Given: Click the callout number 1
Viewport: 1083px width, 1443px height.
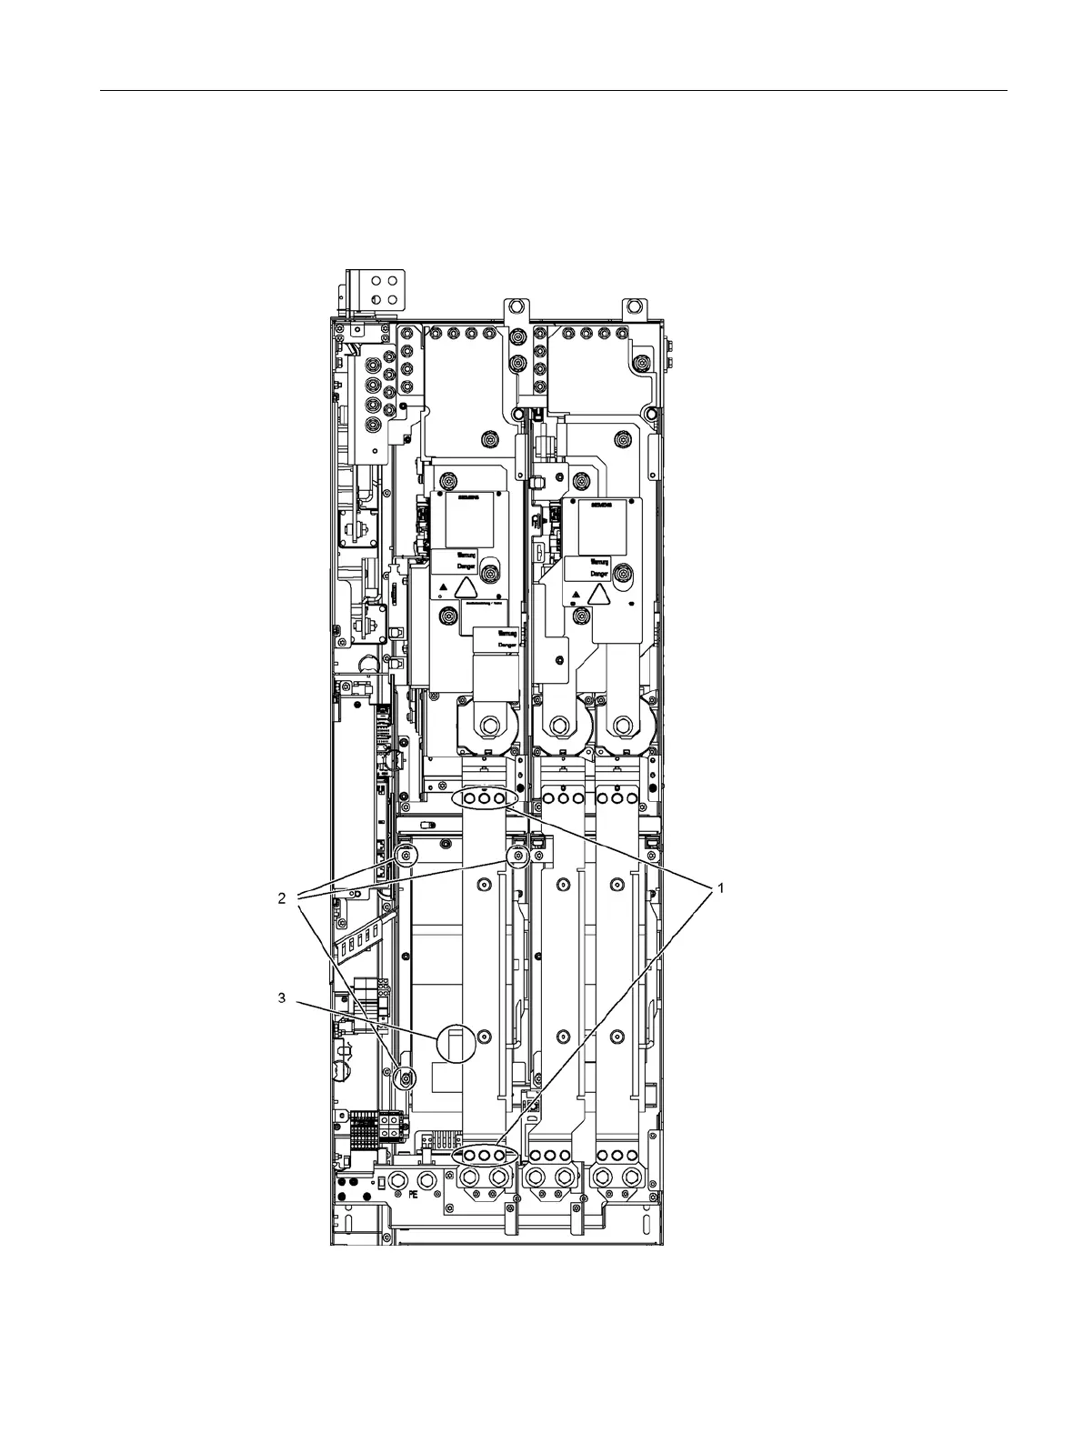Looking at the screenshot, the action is pos(721,888).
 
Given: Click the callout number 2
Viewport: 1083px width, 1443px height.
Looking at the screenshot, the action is pos(282,898).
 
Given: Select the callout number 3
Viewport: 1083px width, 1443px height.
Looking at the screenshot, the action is pos(282,998).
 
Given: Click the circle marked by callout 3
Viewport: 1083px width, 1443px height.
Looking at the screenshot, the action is pos(457,1043).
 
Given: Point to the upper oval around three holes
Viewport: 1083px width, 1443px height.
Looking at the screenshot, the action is pos(485,797).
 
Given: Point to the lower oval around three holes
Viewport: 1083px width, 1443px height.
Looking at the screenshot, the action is pos(485,1154).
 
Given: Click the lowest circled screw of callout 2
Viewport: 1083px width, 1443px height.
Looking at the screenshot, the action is pos(406,1077).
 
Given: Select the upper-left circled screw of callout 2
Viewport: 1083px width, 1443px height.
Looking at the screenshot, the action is pos(406,856).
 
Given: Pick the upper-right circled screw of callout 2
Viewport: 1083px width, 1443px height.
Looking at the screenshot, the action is pos(518,857).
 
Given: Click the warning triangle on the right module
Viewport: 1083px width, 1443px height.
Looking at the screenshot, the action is pos(597,595).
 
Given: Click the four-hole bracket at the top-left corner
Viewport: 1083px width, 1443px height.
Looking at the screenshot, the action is pos(380,287).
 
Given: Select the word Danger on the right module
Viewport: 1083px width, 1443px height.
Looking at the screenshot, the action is pos(598,575).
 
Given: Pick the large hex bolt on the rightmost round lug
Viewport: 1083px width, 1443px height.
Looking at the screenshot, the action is pos(622,726).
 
